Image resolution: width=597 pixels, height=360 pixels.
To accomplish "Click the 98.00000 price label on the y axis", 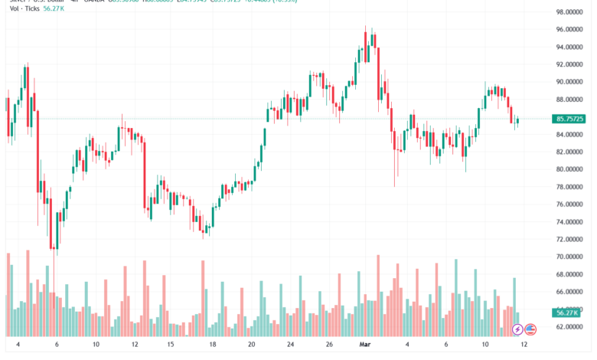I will point(570,12).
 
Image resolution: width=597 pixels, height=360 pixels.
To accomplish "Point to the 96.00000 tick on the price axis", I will point(570,29).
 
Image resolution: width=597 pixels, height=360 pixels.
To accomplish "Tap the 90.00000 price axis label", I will point(570,82).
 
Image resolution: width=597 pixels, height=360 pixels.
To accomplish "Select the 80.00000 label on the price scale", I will point(570,169).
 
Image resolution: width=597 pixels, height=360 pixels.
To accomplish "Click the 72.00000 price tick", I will point(570,239).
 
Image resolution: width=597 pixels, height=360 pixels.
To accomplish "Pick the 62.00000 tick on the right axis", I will point(570,326).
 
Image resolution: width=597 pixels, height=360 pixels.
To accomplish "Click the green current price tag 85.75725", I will point(571,119).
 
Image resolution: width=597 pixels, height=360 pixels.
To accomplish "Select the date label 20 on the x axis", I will point(251,345).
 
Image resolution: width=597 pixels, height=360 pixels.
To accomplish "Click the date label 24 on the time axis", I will point(290,345).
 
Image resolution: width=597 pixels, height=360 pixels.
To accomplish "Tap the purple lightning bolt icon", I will point(518,329).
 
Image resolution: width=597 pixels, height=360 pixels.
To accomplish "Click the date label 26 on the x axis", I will point(329,345).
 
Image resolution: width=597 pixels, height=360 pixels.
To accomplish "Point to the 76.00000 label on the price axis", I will point(570,205).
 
